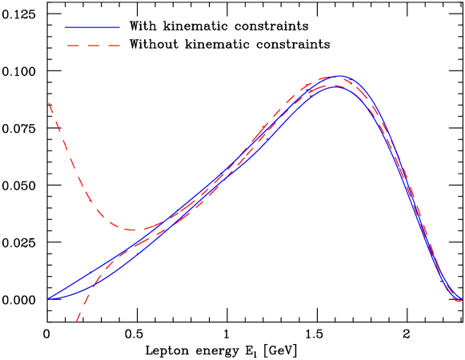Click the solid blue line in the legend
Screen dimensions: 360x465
[92, 27]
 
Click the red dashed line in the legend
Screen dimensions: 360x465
[92, 46]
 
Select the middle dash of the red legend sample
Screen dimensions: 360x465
[92, 46]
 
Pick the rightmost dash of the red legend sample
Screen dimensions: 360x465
[113, 46]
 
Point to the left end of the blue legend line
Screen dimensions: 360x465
[66, 27]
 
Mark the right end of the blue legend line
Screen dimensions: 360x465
[119, 27]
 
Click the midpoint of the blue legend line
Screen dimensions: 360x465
[92, 27]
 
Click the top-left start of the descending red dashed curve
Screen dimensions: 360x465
[49, 102]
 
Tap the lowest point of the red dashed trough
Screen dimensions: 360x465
[134, 230]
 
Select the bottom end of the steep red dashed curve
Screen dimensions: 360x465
[76, 322]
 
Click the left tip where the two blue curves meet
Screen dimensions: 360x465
[48, 298]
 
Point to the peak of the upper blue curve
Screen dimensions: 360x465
[340, 76]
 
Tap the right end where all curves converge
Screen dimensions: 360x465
[459, 300]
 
